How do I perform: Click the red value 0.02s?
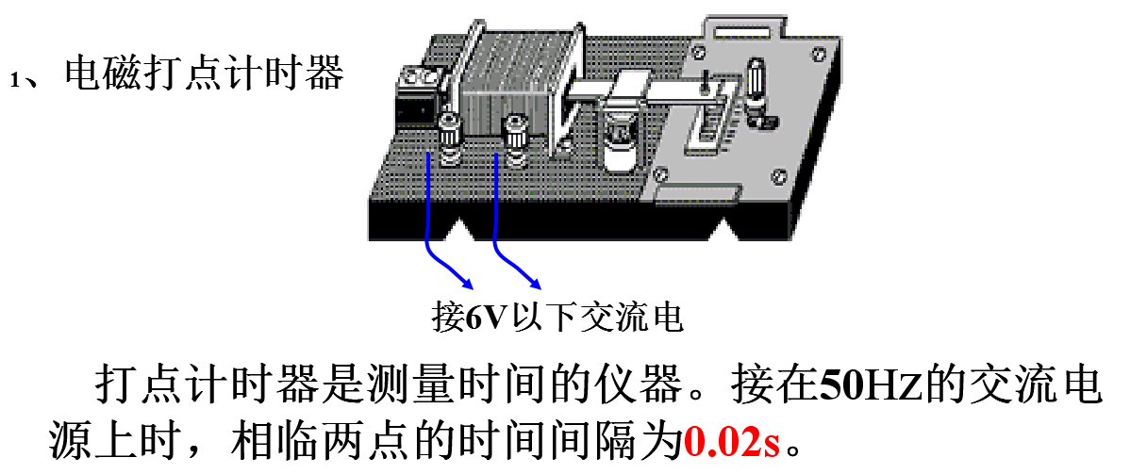732,439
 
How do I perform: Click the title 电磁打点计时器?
204,74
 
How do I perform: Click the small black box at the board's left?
415,94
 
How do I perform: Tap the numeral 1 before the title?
14,81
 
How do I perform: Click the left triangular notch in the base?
463,231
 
